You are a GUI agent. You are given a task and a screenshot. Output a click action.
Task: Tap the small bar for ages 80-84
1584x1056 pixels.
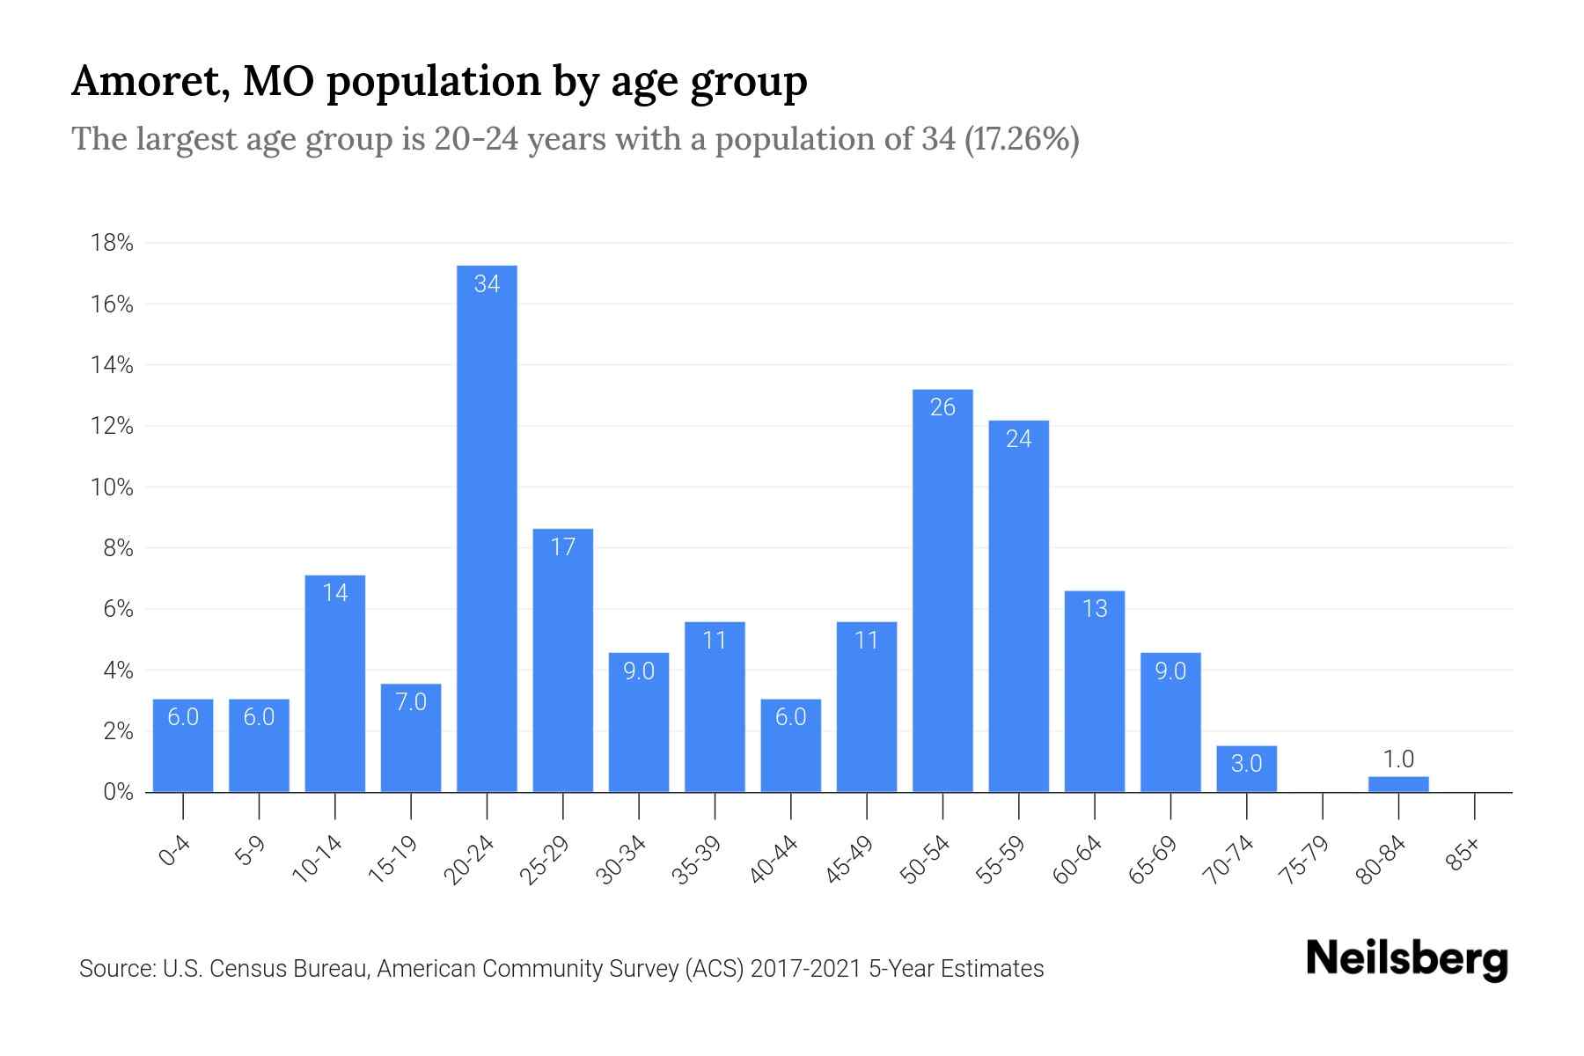(x=1398, y=784)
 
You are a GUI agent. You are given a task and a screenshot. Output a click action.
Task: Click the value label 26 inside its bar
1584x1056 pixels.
(x=942, y=407)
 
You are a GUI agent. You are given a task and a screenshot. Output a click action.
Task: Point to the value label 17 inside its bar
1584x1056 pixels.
(x=563, y=547)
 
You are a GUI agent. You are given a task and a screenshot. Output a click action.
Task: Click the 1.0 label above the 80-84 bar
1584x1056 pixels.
(x=1398, y=759)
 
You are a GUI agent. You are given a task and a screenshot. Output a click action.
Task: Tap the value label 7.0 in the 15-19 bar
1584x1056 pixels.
(x=411, y=701)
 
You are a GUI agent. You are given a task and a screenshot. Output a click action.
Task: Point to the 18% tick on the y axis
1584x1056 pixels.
(x=112, y=243)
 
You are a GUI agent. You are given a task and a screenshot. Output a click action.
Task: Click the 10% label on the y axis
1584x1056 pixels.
(x=112, y=488)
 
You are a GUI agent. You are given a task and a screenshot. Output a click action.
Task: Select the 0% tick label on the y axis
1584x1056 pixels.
(x=118, y=792)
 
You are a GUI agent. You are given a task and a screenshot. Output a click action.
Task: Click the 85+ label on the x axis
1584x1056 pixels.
(x=1463, y=855)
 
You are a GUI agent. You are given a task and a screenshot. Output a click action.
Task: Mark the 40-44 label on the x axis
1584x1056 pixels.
(x=774, y=860)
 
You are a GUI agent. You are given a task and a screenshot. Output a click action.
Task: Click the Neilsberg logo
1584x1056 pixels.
(x=1406, y=959)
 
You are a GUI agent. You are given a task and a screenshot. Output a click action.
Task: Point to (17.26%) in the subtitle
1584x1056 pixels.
(x=1022, y=139)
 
